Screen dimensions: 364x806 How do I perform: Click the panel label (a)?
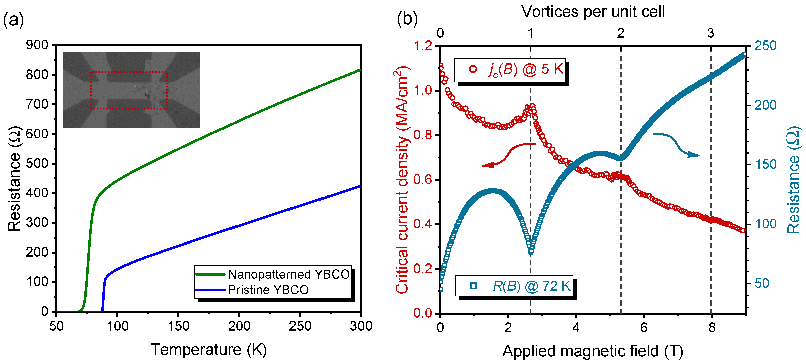[x=13, y=20]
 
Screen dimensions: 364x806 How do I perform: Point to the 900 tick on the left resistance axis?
[x=37, y=45]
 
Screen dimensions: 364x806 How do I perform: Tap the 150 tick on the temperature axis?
[x=178, y=326]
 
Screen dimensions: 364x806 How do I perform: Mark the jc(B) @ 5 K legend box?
[x=510, y=70]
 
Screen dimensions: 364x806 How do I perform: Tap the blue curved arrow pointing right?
[x=676, y=145]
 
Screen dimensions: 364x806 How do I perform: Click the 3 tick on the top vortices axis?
[x=711, y=33]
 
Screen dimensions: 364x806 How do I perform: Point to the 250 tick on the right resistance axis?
[x=765, y=46]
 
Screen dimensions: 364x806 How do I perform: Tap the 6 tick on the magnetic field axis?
[x=644, y=327]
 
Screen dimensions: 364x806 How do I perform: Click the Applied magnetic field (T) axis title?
[x=593, y=351]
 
